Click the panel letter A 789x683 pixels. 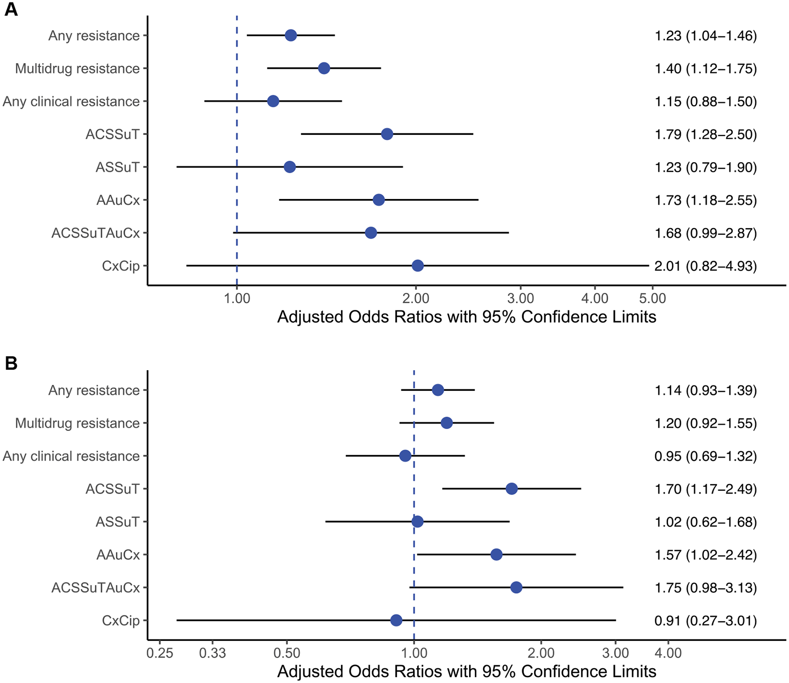point(11,10)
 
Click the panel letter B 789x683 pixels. point(11,364)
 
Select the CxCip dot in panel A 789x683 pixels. point(417,266)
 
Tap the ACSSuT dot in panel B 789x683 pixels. point(511,489)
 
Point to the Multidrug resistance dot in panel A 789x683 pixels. point(324,68)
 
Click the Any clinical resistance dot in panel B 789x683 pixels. point(405,456)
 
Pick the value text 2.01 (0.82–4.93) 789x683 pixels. point(705,266)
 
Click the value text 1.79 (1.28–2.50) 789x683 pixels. point(705,134)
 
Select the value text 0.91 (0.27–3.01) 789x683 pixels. point(705,621)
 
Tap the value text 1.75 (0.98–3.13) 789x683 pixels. point(705,588)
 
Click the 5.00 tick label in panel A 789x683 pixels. point(652,299)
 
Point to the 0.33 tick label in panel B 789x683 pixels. point(212,653)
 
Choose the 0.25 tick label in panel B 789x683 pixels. point(160,653)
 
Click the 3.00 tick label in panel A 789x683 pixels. point(520,299)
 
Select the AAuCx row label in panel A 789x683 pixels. point(118,200)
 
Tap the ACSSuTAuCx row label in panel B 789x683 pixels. point(96,588)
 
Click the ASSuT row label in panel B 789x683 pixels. point(118,522)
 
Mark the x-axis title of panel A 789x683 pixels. point(466,317)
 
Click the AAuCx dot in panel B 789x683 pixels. point(496,555)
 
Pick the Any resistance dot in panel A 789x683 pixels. point(291,35)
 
